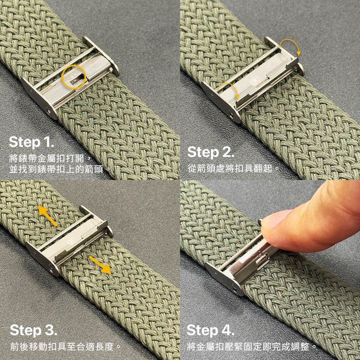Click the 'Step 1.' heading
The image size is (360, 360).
tap(31, 143)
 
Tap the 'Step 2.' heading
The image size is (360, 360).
tap(211, 153)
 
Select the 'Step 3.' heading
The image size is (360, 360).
tap(33, 330)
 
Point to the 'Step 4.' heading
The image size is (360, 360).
tap(210, 330)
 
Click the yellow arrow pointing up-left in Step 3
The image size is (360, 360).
tap(48, 216)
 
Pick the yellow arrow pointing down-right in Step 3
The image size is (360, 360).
tap(100, 265)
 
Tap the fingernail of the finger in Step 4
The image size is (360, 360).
tap(273, 219)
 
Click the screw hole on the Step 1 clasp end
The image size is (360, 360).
tap(49, 111)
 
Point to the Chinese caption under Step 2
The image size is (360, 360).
tap(233, 169)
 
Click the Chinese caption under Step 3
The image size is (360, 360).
tap(66, 346)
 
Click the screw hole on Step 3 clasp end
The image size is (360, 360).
tap(51, 268)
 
